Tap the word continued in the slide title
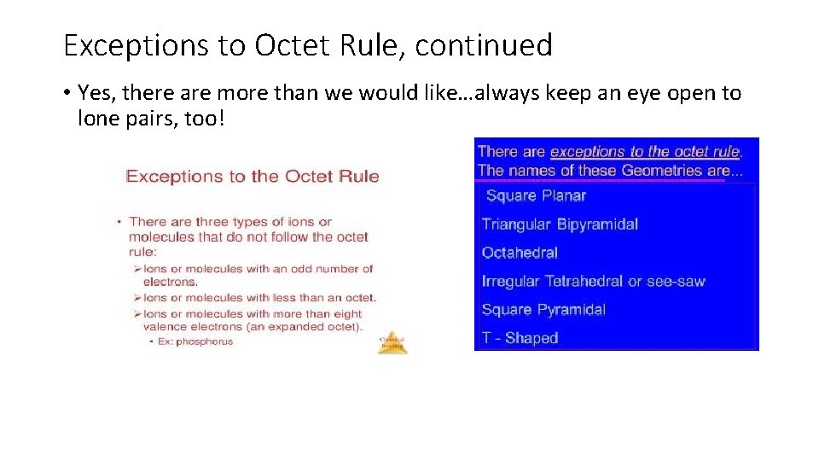(x=484, y=45)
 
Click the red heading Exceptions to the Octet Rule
(x=253, y=177)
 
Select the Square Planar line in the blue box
(x=536, y=196)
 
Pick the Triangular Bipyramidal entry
(x=560, y=225)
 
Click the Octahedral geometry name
(x=520, y=253)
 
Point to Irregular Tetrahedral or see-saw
(x=594, y=282)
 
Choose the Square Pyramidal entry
(x=543, y=310)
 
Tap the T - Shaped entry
(x=520, y=338)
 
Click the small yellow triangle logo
(x=392, y=342)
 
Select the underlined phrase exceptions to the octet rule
(x=645, y=152)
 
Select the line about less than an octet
(x=259, y=298)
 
